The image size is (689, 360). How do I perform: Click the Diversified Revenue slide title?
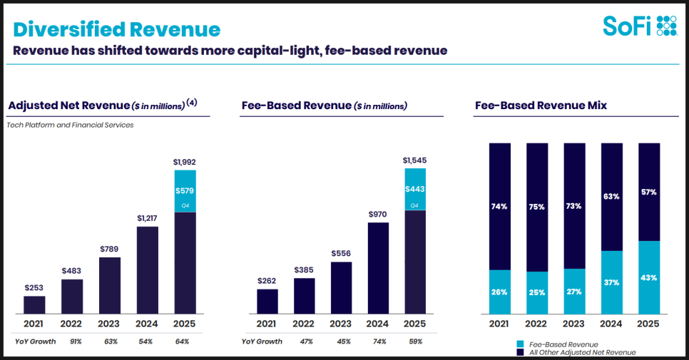[117, 29]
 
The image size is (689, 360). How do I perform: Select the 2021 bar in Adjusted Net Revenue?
[34, 305]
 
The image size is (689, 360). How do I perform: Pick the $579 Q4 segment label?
[185, 190]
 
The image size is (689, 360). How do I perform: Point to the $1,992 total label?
[185, 162]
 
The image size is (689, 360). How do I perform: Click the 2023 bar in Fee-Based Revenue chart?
[341, 288]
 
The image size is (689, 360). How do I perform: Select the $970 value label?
[378, 213]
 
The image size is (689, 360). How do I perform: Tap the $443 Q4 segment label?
[415, 189]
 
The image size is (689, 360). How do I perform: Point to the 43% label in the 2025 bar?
[648, 277]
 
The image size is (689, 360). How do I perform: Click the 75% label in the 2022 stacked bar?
[536, 207]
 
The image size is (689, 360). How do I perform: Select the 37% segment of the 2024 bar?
[611, 282]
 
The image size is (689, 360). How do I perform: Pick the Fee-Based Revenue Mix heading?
[540, 106]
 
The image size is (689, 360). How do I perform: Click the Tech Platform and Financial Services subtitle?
[70, 125]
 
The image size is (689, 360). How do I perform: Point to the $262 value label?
[267, 280]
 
